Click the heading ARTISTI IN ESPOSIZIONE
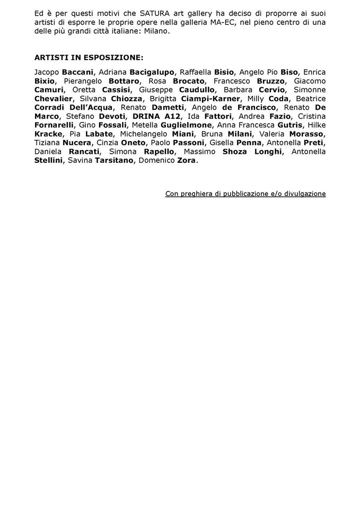pyautogui.click(x=89, y=57)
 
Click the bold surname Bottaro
pyautogui.click(x=124, y=81)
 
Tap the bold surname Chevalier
pyautogui.click(x=55, y=99)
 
